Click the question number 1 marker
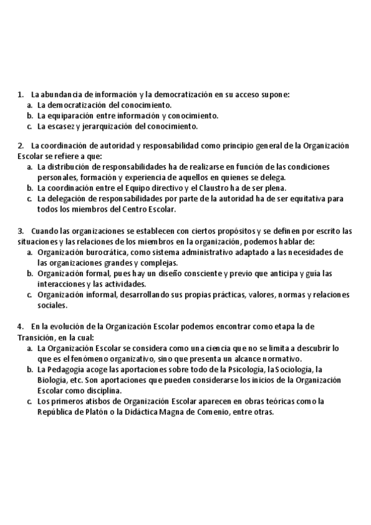coord(20,95)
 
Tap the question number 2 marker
coord(20,146)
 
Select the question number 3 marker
coord(20,231)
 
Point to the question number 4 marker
coord(20,326)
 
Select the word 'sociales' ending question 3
coord(52,305)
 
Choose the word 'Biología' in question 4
coord(52,380)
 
